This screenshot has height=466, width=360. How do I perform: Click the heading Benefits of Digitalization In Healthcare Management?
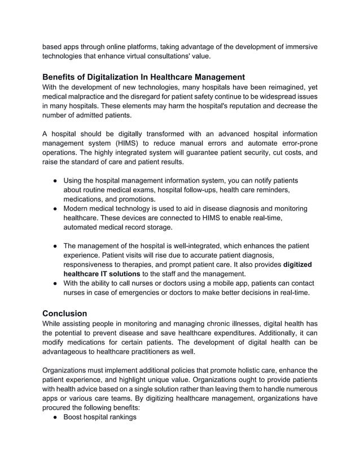pos(143,77)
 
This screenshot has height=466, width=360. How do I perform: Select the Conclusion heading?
pos(65,313)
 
